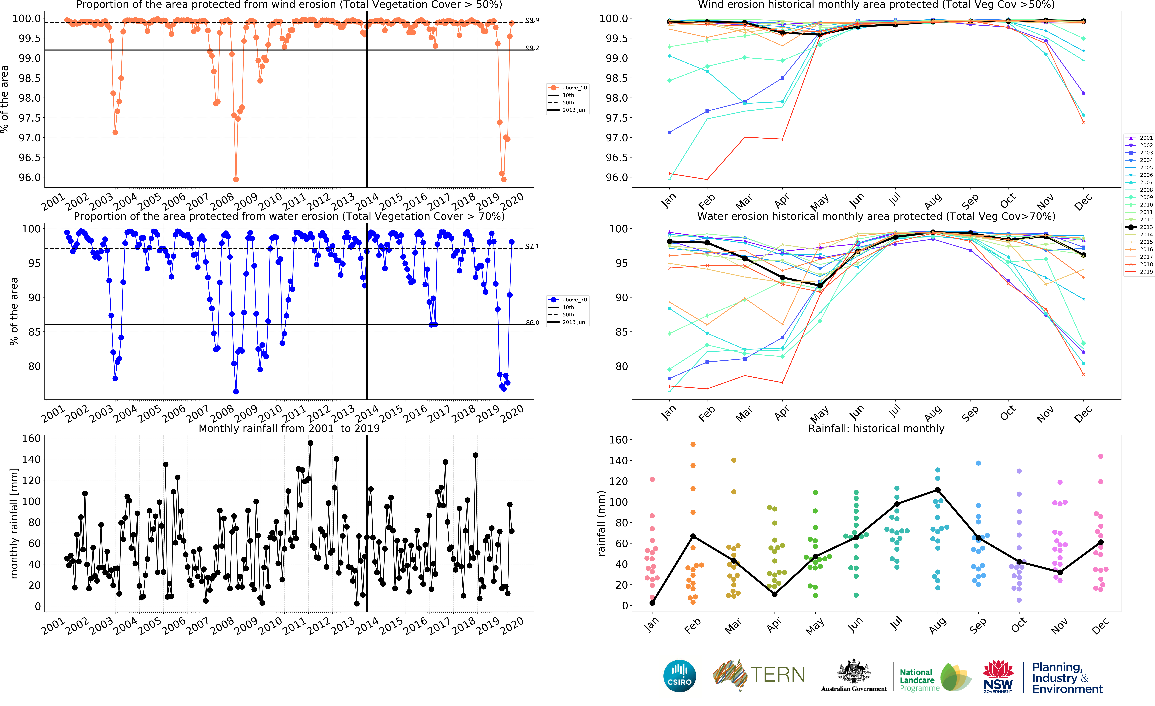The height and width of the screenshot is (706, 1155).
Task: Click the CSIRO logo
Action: pos(679,676)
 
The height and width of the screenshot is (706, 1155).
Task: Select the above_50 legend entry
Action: pos(568,88)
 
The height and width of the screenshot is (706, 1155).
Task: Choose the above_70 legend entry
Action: pos(568,300)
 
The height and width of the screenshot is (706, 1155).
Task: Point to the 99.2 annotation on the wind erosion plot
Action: pos(532,48)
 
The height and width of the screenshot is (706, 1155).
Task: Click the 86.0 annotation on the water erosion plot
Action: pos(532,323)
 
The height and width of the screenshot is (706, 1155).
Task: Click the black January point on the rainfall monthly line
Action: pos(652,603)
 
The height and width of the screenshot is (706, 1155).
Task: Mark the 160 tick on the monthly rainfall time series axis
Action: pos(31,438)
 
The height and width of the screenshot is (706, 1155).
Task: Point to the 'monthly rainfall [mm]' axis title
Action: pos(14,523)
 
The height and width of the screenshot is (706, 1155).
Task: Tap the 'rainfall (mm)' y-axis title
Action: pos(601,523)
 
